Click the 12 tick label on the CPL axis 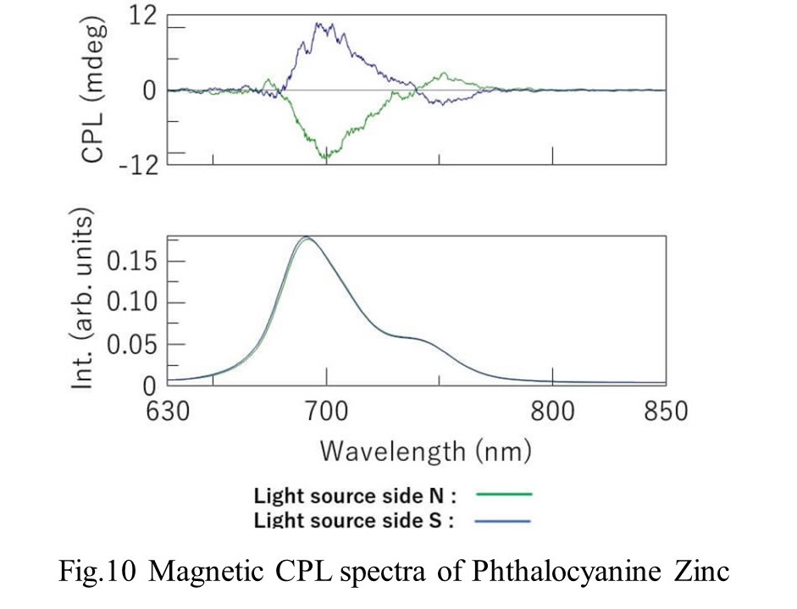[143, 17]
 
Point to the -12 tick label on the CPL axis [139, 164]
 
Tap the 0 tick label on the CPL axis [149, 91]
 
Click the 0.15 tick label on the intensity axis [131, 263]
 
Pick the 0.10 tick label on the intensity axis [131, 303]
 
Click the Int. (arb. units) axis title [82, 299]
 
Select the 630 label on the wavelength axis [168, 411]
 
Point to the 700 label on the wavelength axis [326, 411]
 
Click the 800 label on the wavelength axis [552, 411]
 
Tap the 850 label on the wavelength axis [666, 411]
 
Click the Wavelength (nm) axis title [426, 451]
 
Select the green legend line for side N [503, 494]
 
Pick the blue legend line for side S [502, 521]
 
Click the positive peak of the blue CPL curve [319, 24]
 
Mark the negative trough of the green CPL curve [326, 158]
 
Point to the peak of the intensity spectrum [307, 237]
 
